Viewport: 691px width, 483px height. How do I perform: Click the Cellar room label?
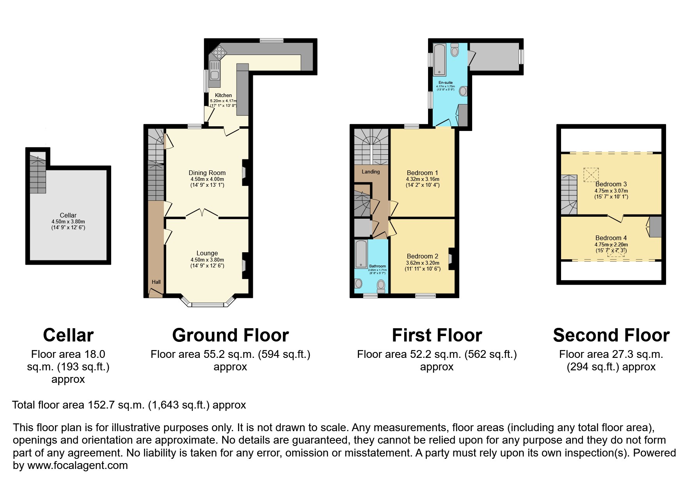(68, 215)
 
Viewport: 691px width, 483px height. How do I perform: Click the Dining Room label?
(207, 173)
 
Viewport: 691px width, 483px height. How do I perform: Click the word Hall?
(156, 282)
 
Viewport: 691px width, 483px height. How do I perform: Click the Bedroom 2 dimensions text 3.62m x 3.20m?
(423, 263)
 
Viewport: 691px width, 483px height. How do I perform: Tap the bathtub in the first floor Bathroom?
(361, 254)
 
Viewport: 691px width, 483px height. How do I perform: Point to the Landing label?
(370, 172)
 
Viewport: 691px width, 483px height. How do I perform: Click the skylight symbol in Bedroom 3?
(591, 175)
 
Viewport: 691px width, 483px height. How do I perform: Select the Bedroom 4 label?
(611, 238)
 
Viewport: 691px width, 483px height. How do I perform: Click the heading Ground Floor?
(230, 335)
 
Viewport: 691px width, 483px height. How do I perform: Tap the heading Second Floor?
(611, 335)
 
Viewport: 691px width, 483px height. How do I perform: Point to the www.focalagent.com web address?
(77, 465)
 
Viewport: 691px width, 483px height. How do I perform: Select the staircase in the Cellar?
(37, 174)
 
